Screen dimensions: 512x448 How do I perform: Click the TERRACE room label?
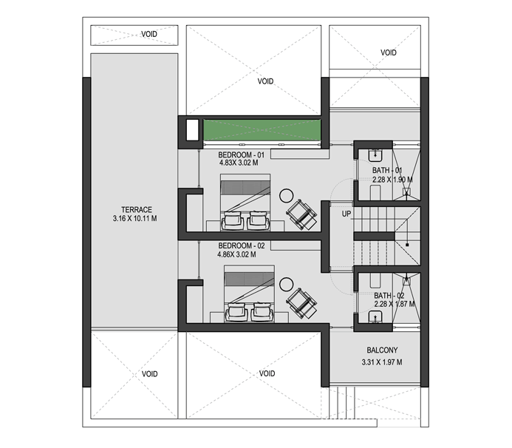click(x=137, y=209)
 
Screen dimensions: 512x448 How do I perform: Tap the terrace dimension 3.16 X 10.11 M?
click(x=135, y=218)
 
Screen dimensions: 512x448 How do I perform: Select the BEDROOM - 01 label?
click(x=242, y=155)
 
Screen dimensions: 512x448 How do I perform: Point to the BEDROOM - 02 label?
click(x=242, y=245)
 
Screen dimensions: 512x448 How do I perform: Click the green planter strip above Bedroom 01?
click(x=262, y=129)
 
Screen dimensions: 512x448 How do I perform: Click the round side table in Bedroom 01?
click(x=287, y=196)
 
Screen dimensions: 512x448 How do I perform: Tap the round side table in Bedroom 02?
click(x=287, y=285)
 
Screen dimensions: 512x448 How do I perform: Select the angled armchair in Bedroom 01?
click(x=301, y=214)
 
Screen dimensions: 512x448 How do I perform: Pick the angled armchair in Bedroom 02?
click(x=301, y=303)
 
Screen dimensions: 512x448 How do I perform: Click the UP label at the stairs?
click(x=347, y=214)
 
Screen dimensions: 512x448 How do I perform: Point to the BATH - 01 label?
click(x=387, y=170)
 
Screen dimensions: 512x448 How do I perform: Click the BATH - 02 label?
click(x=389, y=296)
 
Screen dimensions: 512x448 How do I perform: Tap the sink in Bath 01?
click(x=375, y=155)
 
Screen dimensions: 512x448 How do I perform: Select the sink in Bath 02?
click(x=375, y=317)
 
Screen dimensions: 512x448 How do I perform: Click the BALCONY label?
click(x=382, y=350)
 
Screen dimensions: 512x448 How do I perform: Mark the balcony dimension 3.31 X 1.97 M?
click(x=382, y=362)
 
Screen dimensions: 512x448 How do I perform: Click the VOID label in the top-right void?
click(x=389, y=52)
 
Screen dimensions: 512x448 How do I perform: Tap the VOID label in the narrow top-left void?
click(x=149, y=34)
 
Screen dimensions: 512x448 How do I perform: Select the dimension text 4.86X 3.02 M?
click(x=236, y=254)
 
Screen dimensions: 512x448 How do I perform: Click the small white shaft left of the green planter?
click(x=192, y=129)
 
